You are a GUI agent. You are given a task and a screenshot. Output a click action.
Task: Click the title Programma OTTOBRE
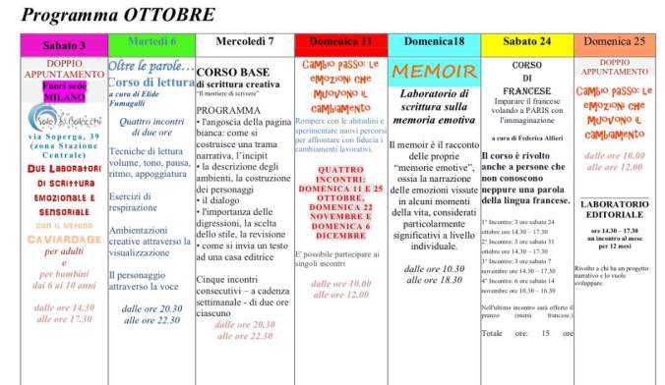point(118,14)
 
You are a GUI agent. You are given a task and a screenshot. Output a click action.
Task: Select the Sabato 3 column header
point(63,44)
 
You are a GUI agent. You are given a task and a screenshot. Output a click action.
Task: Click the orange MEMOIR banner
point(433,71)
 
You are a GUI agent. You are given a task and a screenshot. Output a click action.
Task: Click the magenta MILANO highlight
point(65,96)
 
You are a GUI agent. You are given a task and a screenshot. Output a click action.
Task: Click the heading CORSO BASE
point(231,72)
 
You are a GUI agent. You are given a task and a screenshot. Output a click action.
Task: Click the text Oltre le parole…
point(149,66)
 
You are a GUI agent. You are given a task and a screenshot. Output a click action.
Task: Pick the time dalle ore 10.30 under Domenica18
point(433,268)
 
